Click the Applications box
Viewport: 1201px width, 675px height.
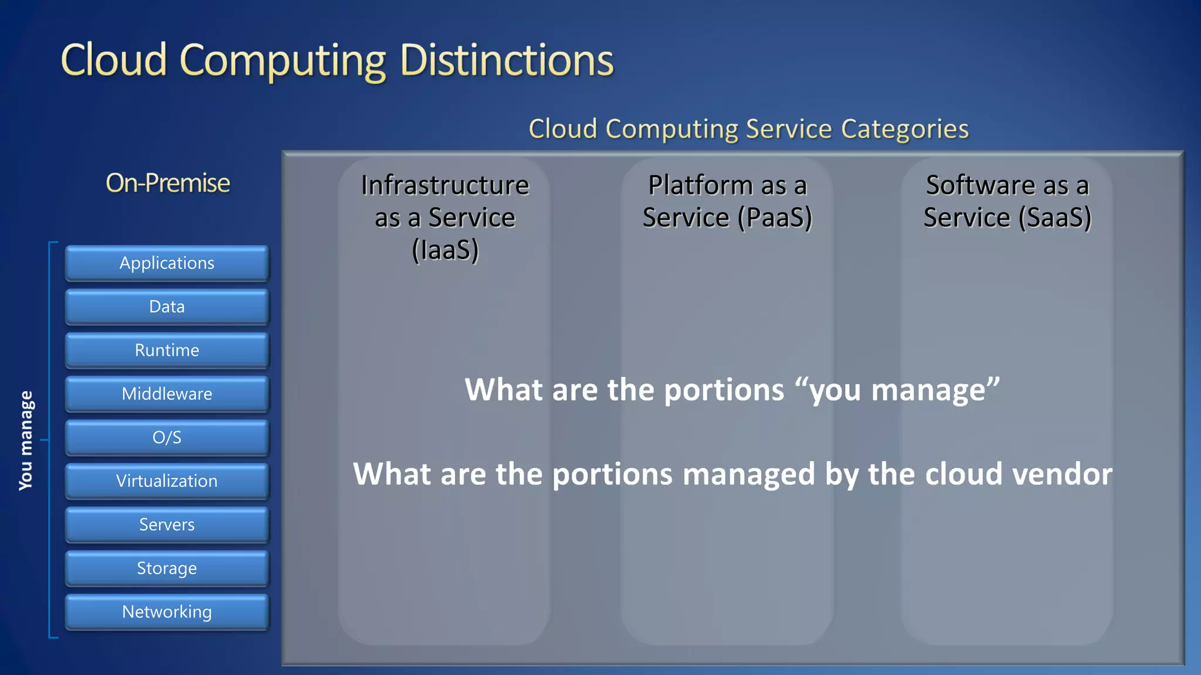[x=167, y=263]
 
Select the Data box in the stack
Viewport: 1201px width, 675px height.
[x=167, y=306]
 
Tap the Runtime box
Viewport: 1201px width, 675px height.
[x=167, y=350]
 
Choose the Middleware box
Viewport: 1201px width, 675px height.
[x=167, y=394]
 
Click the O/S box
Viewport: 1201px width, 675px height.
[x=167, y=438]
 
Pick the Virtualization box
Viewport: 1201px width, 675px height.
[x=167, y=481]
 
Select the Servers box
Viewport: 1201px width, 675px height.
[x=167, y=524]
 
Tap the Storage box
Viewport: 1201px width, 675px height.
[x=167, y=568]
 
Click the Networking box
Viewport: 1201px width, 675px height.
[x=167, y=612]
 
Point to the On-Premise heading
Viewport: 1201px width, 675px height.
[x=168, y=183]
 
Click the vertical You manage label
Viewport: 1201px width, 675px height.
[x=26, y=440]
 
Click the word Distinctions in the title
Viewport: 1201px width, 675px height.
[x=506, y=60]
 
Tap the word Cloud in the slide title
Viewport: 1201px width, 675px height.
[x=114, y=60]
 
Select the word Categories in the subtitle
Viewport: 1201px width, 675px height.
[x=904, y=129]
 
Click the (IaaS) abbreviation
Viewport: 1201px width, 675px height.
[x=445, y=250]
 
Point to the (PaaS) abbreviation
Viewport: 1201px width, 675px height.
[x=775, y=218]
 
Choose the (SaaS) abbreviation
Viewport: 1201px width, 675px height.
[x=1054, y=218]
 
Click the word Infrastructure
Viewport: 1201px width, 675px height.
[x=445, y=185]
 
